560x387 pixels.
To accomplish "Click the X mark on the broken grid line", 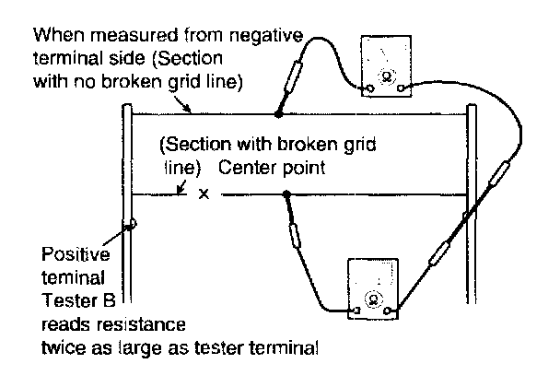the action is (x=204, y=194).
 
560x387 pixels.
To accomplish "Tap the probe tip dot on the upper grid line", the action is (x=278, y=114).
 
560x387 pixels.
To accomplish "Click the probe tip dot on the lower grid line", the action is (x=286, y=194).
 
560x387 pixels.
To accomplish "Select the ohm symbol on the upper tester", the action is (x=386, y=76).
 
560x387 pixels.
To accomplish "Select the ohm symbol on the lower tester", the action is (x=374, y=299).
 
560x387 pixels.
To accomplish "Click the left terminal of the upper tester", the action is (x=370, y=88).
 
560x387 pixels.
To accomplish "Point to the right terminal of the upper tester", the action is (x=401, y=88).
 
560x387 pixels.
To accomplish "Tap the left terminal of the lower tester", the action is (x=356, y=311).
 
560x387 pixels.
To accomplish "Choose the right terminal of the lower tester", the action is (x=387, y=311).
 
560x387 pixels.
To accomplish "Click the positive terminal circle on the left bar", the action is (x=132, y=224).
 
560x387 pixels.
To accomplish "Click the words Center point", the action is (x=272, y=168).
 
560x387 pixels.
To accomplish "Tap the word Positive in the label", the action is (x=76, y=254).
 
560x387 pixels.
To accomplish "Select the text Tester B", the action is (x=79, y=300).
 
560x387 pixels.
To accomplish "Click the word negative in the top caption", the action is (x=266, y=36).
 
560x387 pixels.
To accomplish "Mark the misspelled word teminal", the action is (x=73, y=277).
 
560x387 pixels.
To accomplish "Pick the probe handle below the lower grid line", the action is (x=295, y=236).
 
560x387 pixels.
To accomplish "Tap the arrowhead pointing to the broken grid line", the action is (x=181, y=191).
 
